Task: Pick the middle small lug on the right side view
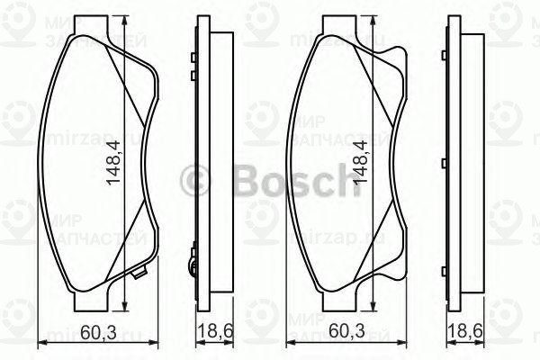click(445, 162)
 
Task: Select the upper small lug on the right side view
click(445, 59)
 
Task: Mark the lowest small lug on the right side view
click(445, 266)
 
